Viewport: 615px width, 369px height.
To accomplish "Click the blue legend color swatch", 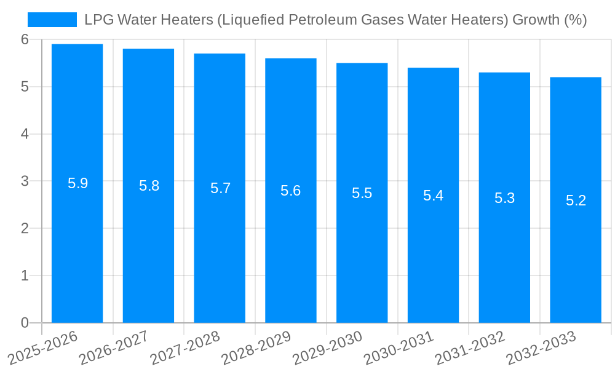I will (x=52, y=20).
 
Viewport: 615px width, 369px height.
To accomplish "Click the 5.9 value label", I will (x=77, y=183).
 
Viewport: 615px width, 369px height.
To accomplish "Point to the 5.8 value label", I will (x=149, y=186).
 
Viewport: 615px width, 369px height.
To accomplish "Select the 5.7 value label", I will (x=220, y=188).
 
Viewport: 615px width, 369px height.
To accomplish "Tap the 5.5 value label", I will (x=362, y=193).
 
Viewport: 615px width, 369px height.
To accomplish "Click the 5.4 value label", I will (x=433, y=196).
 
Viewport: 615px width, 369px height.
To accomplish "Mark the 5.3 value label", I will (x=504, y=198).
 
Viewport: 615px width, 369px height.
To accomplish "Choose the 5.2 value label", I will (x=576, y=200).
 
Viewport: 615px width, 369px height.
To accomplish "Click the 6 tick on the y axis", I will (x=25, y=39).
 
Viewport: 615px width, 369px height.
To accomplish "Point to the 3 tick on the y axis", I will (x=25, y=181).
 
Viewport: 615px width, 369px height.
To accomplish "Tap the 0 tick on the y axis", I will (x=25, y=323).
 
